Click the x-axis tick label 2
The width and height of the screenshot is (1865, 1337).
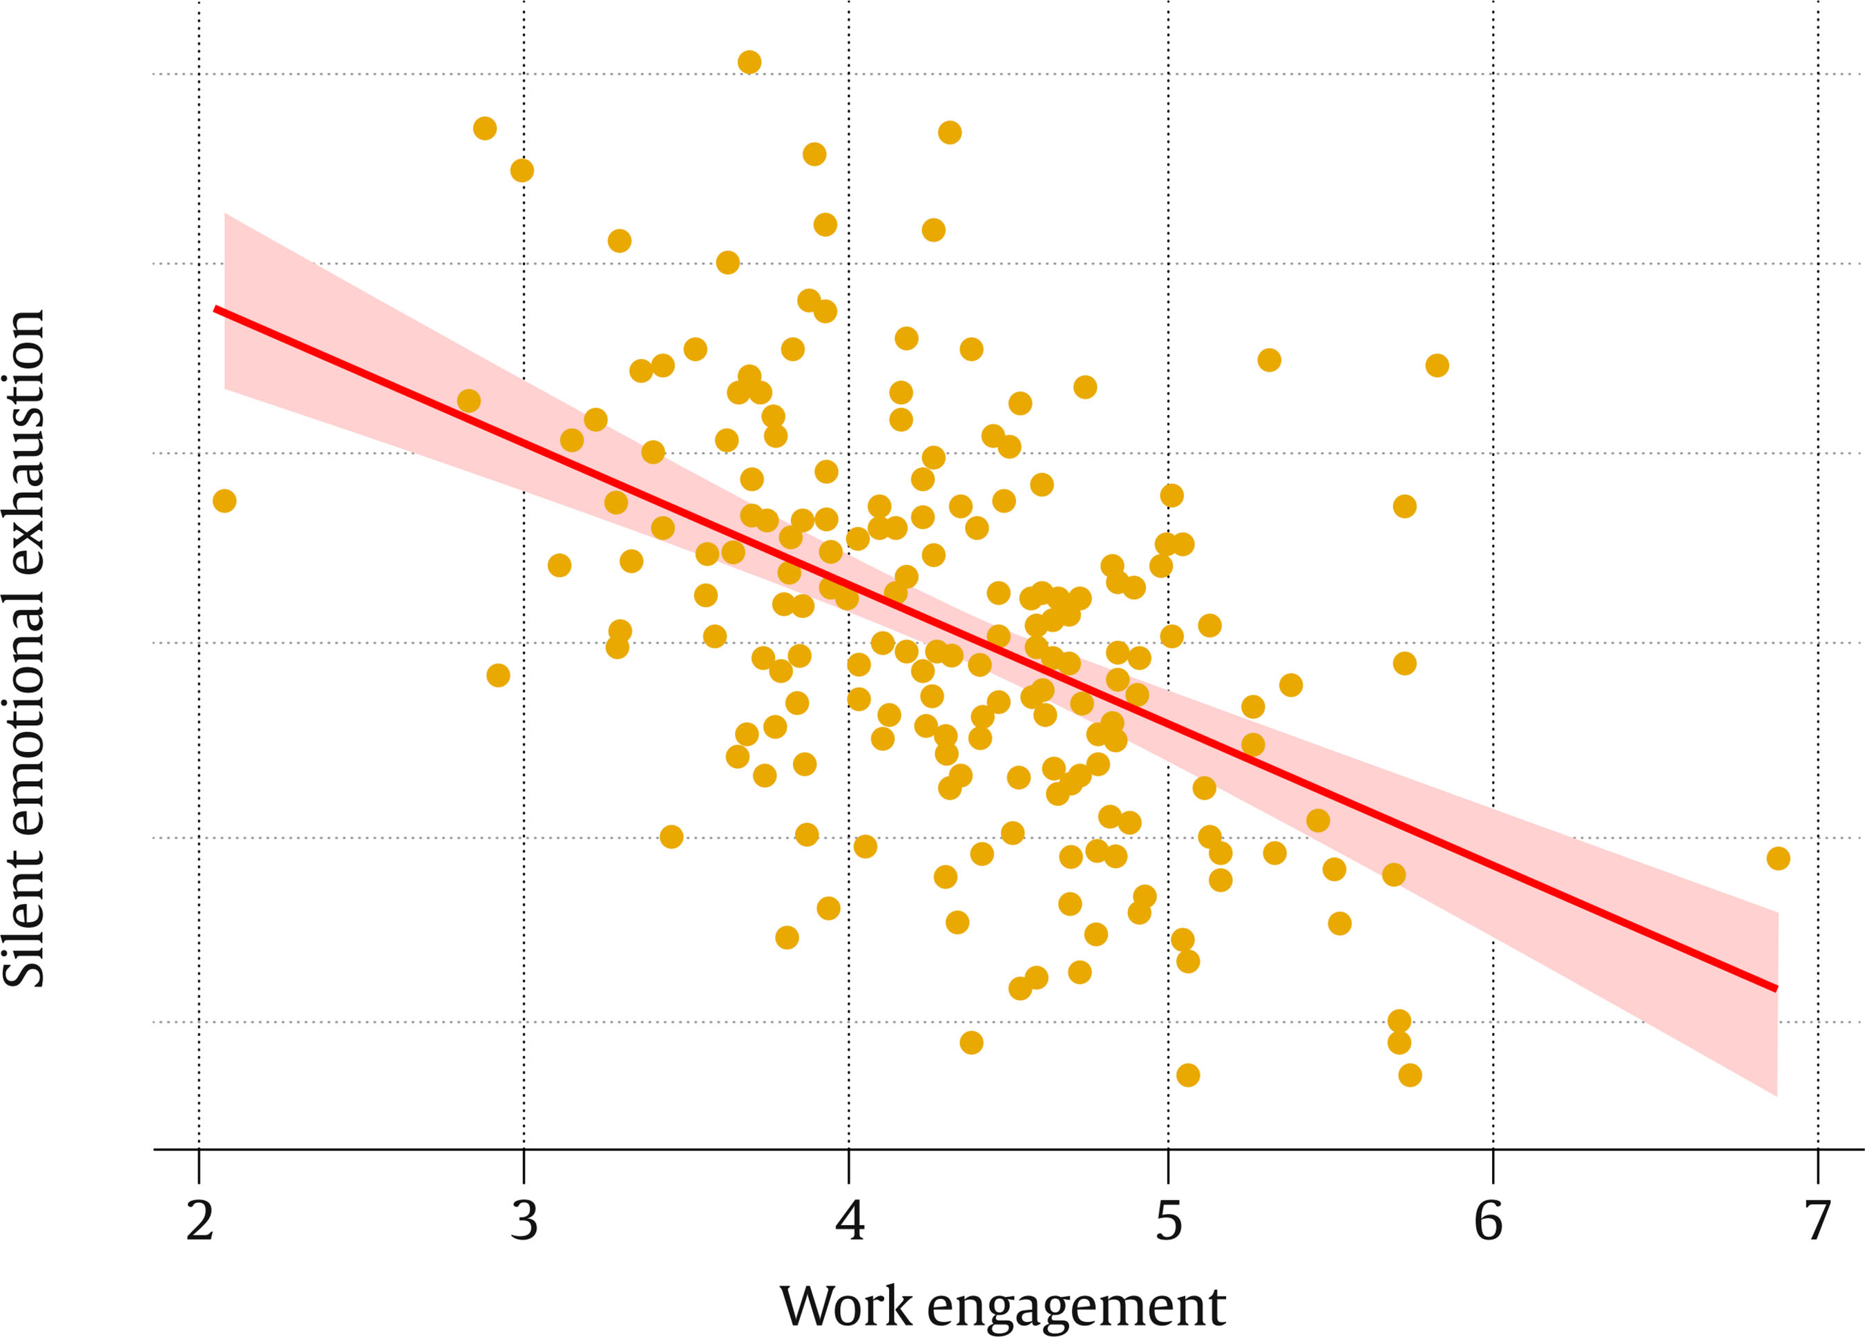(x=200, y=1221)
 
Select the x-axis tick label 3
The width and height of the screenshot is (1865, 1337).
(x=524, y=1221)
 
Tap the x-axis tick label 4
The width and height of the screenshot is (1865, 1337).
(x=850, y=1221)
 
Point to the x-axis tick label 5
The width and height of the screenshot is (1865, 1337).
(x=1169, y=1221)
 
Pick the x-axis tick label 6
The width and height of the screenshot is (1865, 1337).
(x=1489, y=1221)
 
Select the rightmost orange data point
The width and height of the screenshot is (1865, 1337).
(x=1778, y=858)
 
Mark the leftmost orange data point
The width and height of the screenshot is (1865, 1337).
(x=224, y=501)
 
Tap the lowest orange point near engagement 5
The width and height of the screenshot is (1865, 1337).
(x=1187, y=1075)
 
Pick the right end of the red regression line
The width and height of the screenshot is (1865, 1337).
(x=1776, y=988)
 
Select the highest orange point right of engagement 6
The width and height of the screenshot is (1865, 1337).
(x=1778, y=858)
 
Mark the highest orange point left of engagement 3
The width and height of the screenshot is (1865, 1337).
(x=485, y=128)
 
